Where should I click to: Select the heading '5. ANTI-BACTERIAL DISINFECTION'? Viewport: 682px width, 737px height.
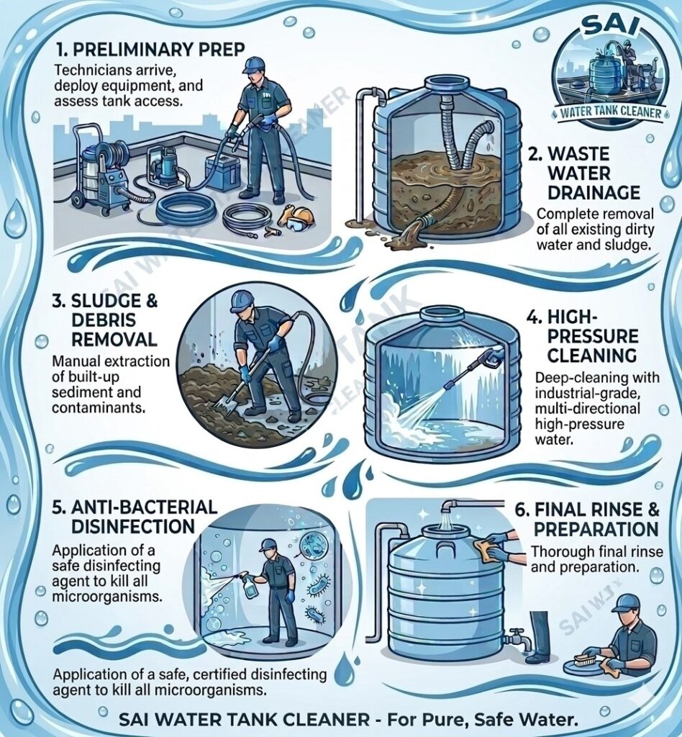coord(135,516)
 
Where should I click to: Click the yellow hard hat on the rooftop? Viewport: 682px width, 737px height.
coord(299,215)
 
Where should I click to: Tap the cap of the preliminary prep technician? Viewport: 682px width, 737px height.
coord(253,65)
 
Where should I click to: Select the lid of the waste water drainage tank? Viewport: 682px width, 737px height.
coord(446,85)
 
